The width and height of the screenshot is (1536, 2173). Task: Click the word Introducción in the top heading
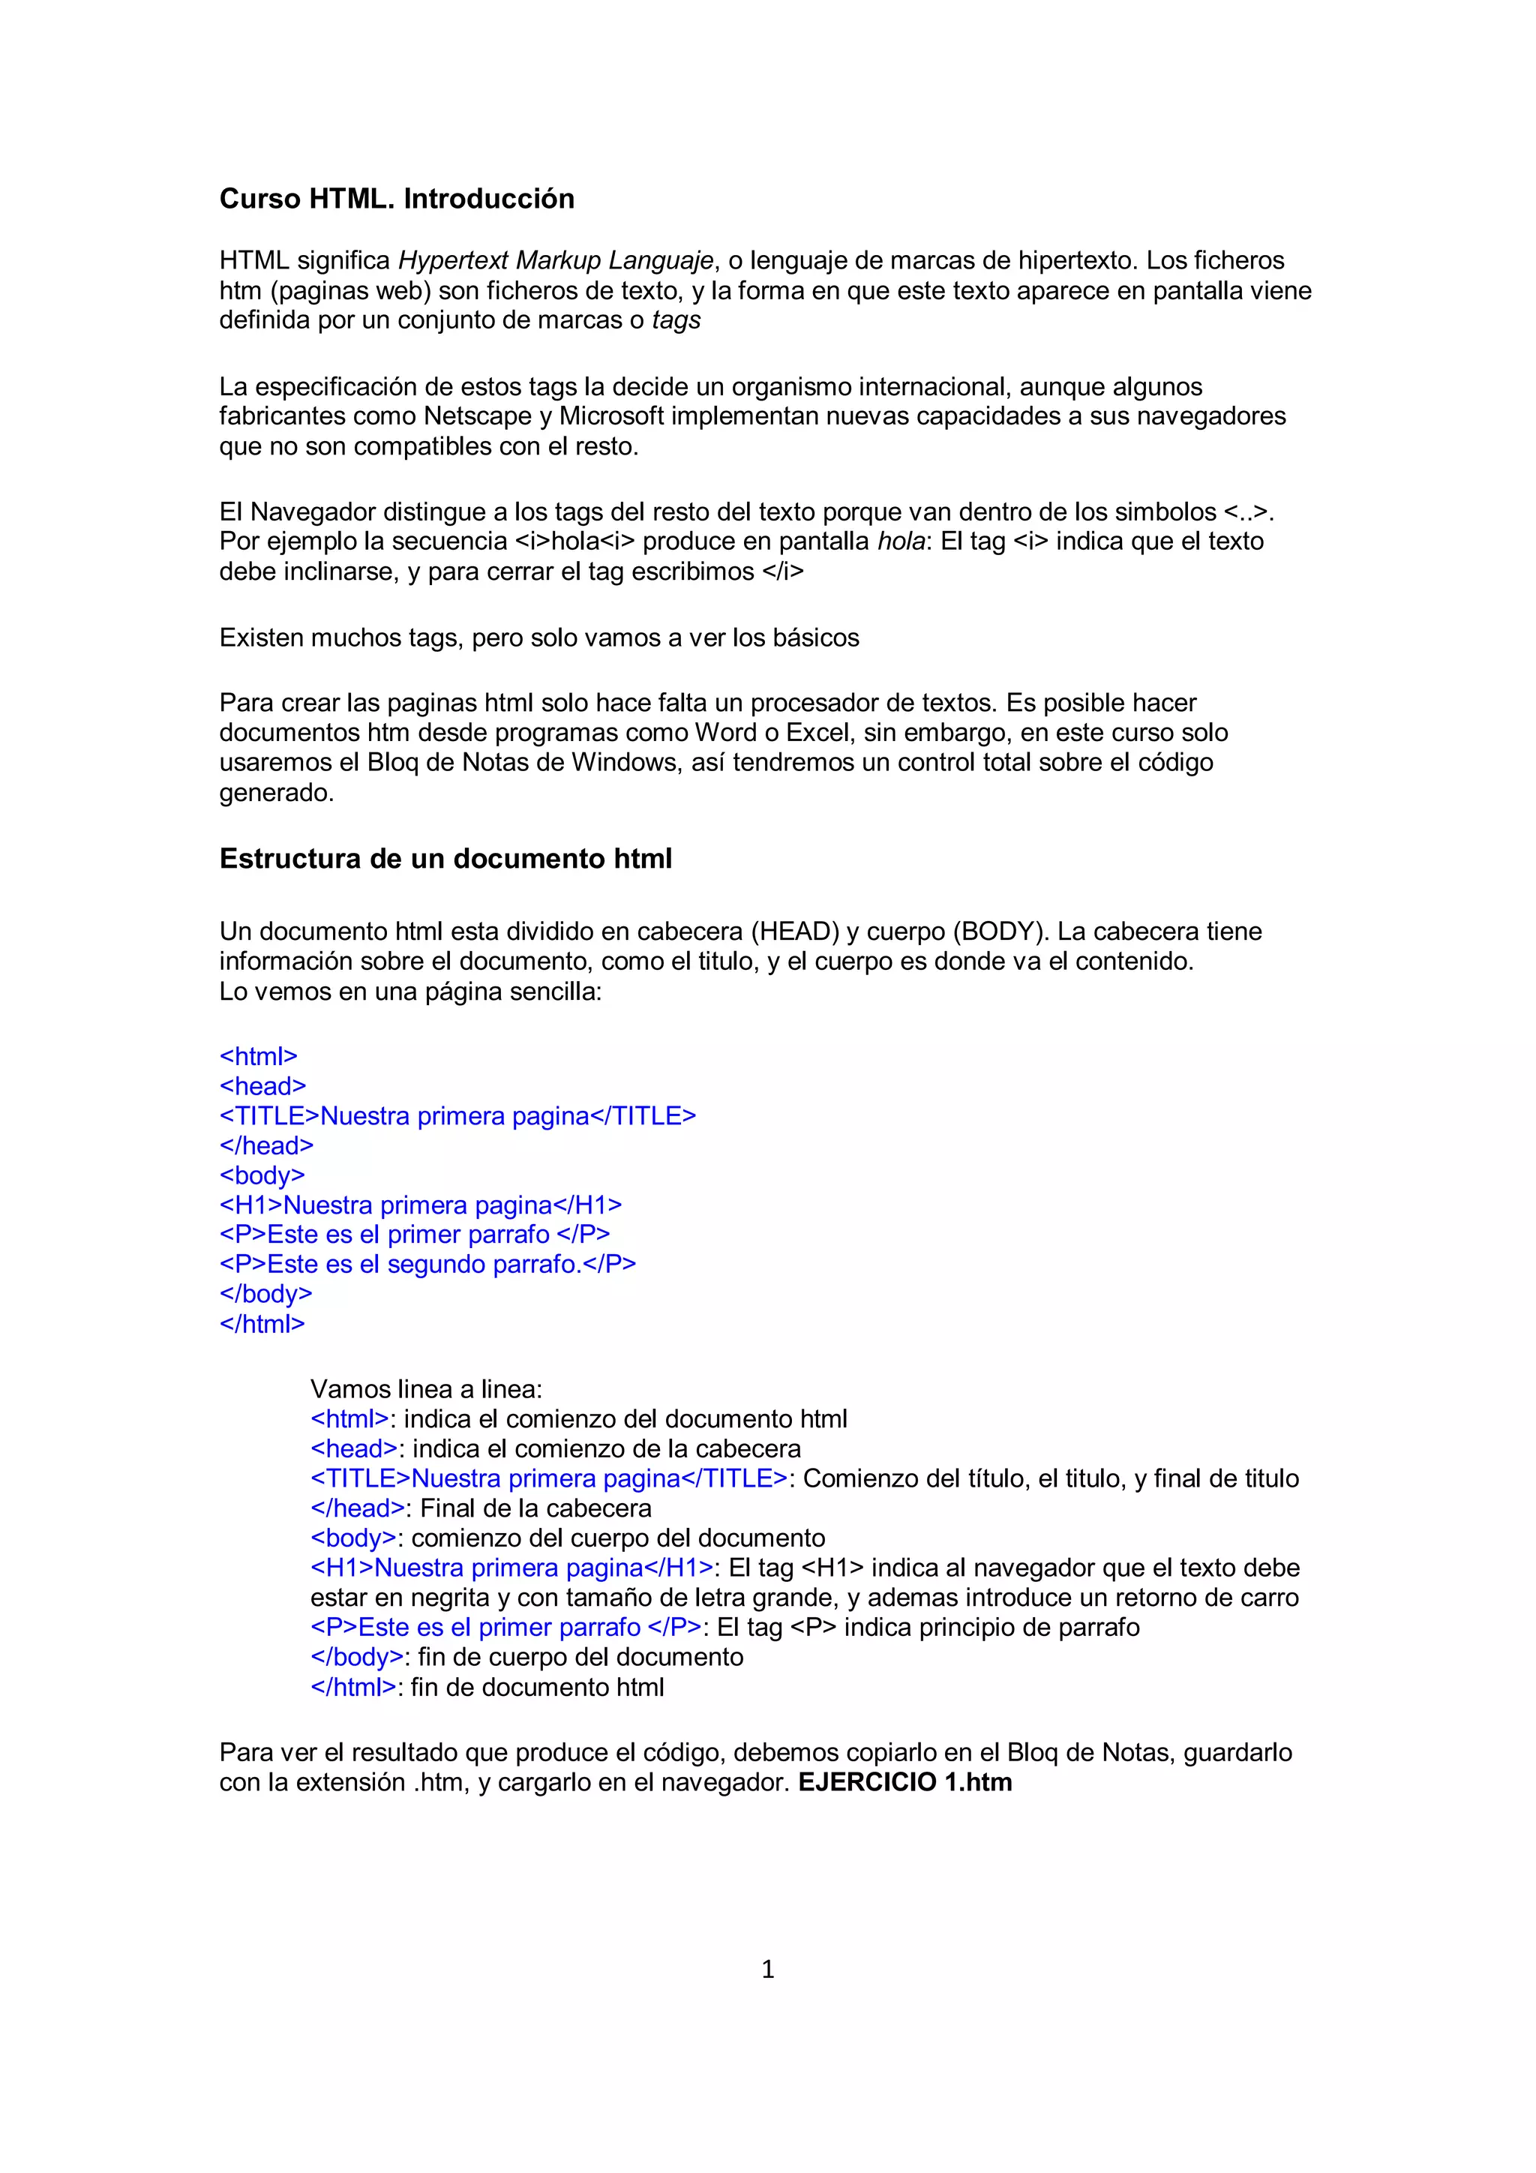click(488, 199)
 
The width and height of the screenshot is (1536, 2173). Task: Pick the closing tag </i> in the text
click(783, 572)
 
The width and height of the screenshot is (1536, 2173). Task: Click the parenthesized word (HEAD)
click(795, 932)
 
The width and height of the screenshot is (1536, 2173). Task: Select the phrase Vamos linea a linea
click(426, 1389)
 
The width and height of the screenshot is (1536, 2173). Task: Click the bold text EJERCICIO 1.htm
click(904, 1782)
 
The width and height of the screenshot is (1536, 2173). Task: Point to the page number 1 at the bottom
click(767, 1970)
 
